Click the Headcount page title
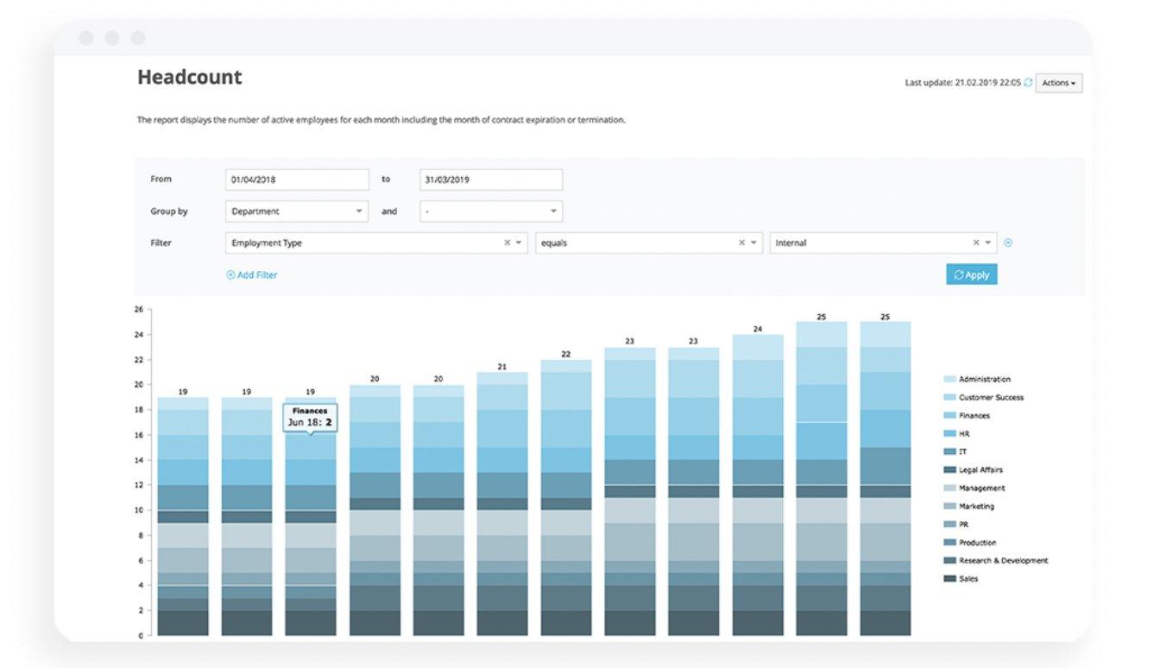click(190, 77)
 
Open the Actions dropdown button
click(1058, 83)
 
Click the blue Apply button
click(972, 274)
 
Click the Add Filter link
click(252, 275)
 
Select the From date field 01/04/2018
click(297, 180)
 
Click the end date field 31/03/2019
click(491, 180)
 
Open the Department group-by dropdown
click(297, 211)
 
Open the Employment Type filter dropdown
click(376, 243)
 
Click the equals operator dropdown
click(649, 243)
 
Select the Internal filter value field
click(883, 243)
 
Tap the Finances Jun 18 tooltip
click(310, 418)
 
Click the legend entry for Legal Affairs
click(973, 470)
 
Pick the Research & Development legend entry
click(995, 561)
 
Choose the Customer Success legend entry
click(983, 398)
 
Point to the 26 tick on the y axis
click(139, 309)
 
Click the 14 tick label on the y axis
click(139, 460)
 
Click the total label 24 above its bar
click(758, 329)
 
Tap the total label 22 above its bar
click(566, 354)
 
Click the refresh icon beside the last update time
click(1028, 82)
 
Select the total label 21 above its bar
click(502, 367)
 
